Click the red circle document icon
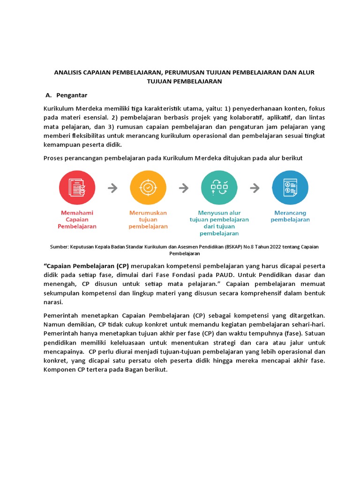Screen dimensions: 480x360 pyautogui.click(x=77, y=187)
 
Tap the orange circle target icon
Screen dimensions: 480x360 pyautogui.click(x=148, y=187)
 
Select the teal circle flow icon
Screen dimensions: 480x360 pyautogui.click(x=219, y=187)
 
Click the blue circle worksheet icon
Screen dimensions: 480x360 pyautogui.click(x=290, y=187)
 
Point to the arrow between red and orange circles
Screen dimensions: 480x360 pyautogui.click(x=112, y=188)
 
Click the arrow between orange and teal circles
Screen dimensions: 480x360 pyautogui.click(x=183, y=188)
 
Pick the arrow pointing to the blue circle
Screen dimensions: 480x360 pyautogui.click(x=255, y=188)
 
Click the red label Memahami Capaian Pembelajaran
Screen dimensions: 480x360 pyautogui.click(x=77, y=219)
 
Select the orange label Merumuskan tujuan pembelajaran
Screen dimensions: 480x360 pyautogui.click(x=148, y=219)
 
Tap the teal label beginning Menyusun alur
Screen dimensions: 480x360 pyautogui.click(x=219, y=223)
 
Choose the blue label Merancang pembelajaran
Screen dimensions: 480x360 pyautogui.click(x=290, y=216)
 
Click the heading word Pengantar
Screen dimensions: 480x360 pyautogui.click(x=72, y=95)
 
